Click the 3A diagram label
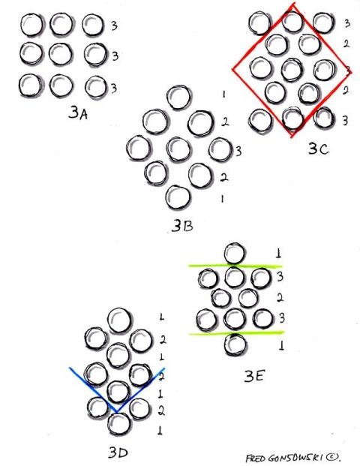coord(78,113)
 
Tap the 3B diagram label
coord(182,227)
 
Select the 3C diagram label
coord(319,149)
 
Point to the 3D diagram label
coord(118,452)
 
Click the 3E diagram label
coord(254,377)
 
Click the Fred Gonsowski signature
coord(292,458)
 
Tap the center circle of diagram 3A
coord(61,54)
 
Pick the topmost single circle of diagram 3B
coord(178,96)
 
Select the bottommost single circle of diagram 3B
coord(178,197)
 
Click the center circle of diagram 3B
coord(178,149)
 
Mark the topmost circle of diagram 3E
coord(235,254)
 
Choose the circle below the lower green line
coord(235,344)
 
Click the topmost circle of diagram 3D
coord(118,320)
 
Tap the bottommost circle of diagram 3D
coord(118,424)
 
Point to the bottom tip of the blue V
coord(117,412)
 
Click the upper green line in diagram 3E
coord(235,266)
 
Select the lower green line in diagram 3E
coord(237,333)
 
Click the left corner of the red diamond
coord(232,69)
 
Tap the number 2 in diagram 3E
coord(280,297)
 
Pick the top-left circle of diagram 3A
coord(31,25)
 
